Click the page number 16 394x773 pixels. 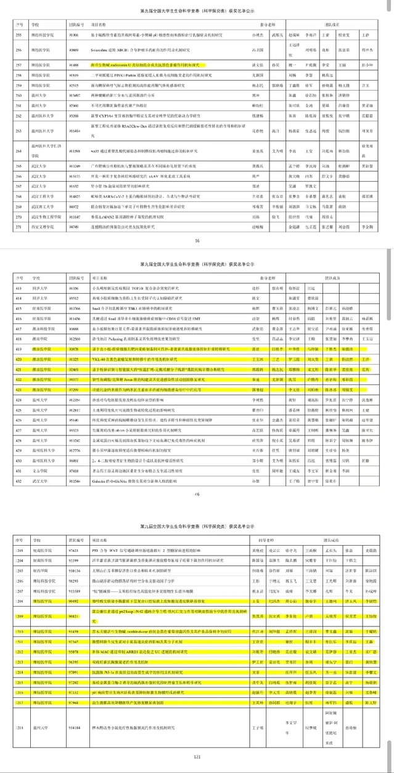[x=197, y=241]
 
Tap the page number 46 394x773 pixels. [x=197, y=494]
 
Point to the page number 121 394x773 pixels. [x=197, y=757]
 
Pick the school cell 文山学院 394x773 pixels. [x=37, y=468]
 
